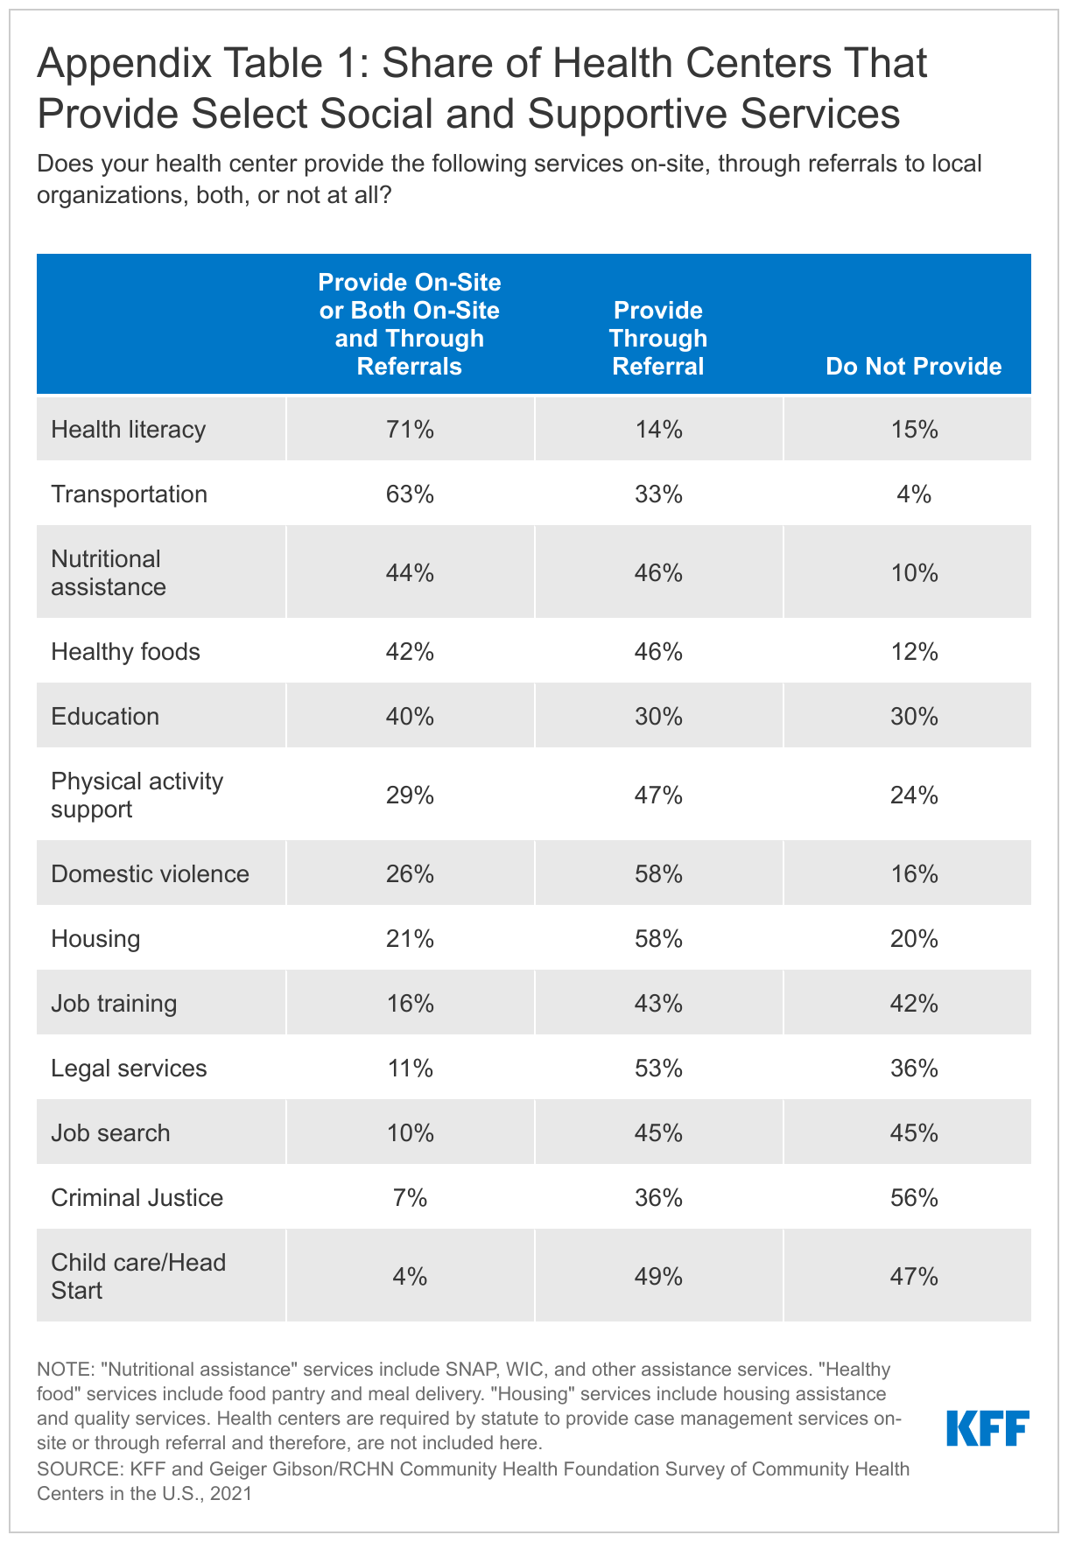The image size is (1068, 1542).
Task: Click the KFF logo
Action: (x=987, y=1427)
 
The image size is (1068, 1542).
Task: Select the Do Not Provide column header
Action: (x=913, y=366)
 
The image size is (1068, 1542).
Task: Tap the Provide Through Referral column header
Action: (x=658, y=338)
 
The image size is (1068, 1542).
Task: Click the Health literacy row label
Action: (x=129, y=430)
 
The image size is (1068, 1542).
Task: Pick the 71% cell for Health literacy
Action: (x=410, y=430)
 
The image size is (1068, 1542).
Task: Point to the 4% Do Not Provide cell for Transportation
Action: (x=914, y=494)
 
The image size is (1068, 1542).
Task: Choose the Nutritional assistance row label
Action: (x=108, y=572)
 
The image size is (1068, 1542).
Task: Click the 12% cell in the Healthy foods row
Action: (x=914, y=652)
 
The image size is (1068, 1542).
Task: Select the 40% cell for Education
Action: (x=410, y=717)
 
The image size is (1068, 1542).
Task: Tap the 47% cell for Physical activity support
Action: (x=658, y=796)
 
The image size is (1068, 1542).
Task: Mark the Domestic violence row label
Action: (x=150, y=874)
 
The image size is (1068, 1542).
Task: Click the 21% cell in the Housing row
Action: (x=410, y=939)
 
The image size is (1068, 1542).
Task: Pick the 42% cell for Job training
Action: (x=914, y=1004)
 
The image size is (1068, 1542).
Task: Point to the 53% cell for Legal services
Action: (x=658, y=1069)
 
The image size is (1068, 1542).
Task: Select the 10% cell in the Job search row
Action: (x=410, y=1133)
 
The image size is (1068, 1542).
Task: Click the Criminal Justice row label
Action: (x=137, y=1198)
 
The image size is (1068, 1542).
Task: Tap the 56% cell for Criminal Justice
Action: (x=914, y=1198)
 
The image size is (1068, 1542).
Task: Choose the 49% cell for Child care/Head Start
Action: (x=658, y=1277)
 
